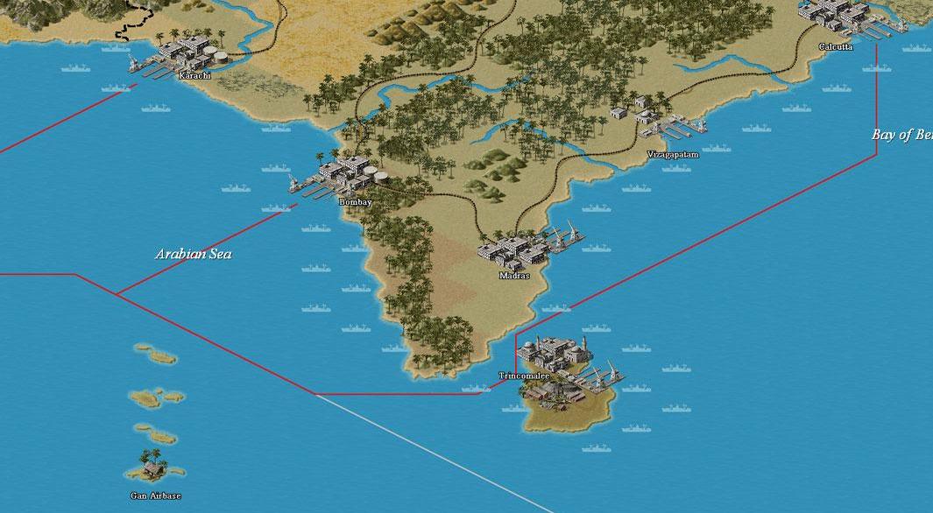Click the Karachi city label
[x=194, y=76]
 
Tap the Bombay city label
[x=356, y=202]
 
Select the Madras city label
[x=514, y=275]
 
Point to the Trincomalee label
[x=524, y=376]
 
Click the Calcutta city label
[x=835, y=46]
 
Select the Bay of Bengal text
[x=901, y=135]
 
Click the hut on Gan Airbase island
[x=153, y=470]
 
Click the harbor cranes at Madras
[x=565, y=234]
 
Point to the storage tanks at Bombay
[x=377, y=173]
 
